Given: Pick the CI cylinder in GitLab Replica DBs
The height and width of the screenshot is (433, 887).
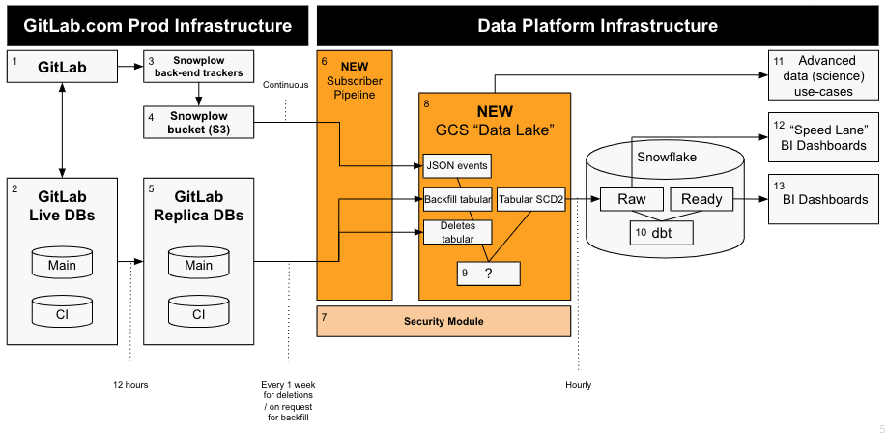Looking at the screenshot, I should click(199, 314).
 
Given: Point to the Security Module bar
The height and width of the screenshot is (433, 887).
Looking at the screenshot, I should click(443, 321).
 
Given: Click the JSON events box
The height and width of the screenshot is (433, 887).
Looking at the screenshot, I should click(457, 165).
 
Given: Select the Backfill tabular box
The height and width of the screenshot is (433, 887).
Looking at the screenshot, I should click(458, 200).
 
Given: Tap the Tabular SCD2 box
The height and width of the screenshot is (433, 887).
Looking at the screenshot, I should click(530, 200).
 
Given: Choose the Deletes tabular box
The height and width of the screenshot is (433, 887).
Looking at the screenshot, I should click(458, 232).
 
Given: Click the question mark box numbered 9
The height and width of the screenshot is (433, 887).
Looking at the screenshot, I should click(489, 273).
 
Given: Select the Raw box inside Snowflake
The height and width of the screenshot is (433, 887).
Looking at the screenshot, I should click(632, 199).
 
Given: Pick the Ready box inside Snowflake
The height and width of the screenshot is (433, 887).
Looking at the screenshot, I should click(701, 199).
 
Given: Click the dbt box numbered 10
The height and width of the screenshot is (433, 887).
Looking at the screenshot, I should click(662, 232).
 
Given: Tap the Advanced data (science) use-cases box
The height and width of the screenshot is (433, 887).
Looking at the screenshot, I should click(825, 75).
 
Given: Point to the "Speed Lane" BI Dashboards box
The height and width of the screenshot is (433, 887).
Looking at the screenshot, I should click(825, 136).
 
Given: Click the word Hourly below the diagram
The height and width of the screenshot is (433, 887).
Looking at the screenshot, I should click(579, 385).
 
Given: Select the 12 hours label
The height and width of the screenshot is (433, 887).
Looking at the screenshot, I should click(130, 385).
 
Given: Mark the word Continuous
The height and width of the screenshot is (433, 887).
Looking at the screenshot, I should click(286, 84).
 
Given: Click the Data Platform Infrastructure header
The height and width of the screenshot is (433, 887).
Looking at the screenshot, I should click(598, 25).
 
